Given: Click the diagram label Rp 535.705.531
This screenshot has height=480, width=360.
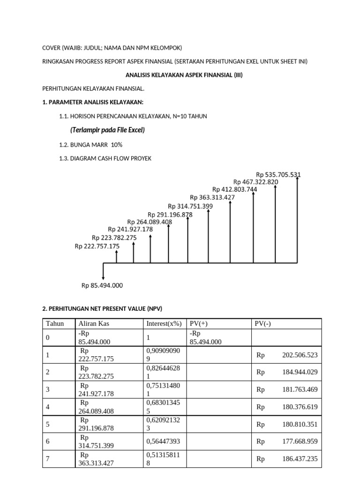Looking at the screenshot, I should [x=278, y=175].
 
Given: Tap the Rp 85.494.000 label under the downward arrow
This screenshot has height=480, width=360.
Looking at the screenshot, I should [x=102, y=285].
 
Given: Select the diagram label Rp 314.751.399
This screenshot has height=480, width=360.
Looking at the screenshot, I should [x=190, y=206].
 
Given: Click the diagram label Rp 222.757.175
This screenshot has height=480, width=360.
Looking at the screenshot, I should [x=97, y=246].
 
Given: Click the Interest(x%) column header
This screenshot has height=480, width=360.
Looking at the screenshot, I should [x=164, y=323].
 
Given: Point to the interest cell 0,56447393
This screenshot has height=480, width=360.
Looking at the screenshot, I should [x=164, y=442].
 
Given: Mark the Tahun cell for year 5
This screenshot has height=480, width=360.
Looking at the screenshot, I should [x=48, y=424].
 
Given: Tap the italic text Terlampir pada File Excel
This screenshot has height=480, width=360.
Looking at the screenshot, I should [x=107, y=130].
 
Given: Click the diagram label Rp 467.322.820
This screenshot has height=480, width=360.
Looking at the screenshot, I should [x=256, y=182].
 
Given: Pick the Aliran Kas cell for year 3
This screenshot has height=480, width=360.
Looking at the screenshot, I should [x=97, y=390].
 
